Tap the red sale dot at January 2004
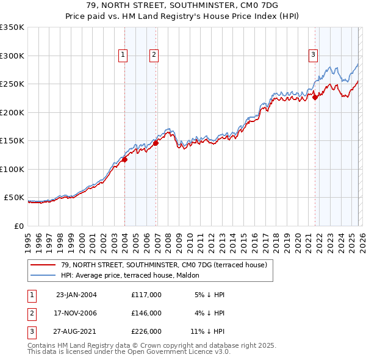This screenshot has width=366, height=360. click(x=124, y=160)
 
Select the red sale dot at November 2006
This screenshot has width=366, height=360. click(x=156, y=143)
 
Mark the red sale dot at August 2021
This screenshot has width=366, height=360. click(x=315, y=96)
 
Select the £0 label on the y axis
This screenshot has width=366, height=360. click(x=19, y=226)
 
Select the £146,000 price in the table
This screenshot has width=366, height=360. click(x=146, y=313)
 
